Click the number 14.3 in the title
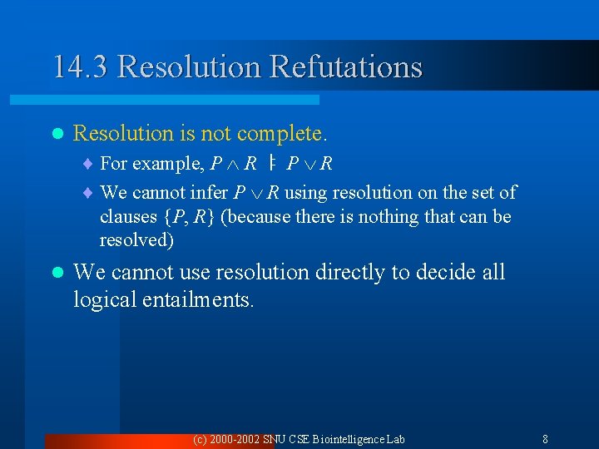pos(81,67)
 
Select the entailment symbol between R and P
pos(271,164)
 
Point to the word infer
pos(208,193)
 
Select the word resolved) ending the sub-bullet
pos(136,241)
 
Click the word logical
pos(104,299)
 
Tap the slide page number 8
pos(544,439)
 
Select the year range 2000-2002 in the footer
pos(234,439)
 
